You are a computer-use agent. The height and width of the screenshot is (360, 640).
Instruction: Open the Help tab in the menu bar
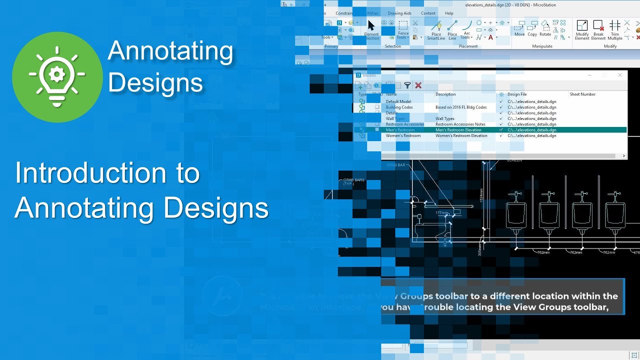click(x=449, y=13)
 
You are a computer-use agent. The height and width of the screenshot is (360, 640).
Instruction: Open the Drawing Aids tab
click(x=399, y=13)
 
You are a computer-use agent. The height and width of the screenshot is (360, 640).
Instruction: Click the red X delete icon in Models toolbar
click(x=418, y=85)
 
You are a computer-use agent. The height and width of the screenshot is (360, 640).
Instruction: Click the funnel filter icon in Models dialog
click(x=407, y=85)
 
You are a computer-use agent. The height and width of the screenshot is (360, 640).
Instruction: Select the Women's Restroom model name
click(x=403, y=135)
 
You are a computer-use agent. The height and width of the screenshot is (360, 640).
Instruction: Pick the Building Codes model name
click(x=399, y=107)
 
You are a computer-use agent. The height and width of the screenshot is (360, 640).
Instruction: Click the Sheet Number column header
click(x=582, y=94)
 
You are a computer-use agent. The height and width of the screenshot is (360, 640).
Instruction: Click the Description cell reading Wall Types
click(x=445, y=118)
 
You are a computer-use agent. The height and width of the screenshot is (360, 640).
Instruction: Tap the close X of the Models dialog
click(x=620, y=75)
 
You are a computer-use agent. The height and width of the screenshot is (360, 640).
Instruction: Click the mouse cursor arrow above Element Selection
click(x=371, y=25)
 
